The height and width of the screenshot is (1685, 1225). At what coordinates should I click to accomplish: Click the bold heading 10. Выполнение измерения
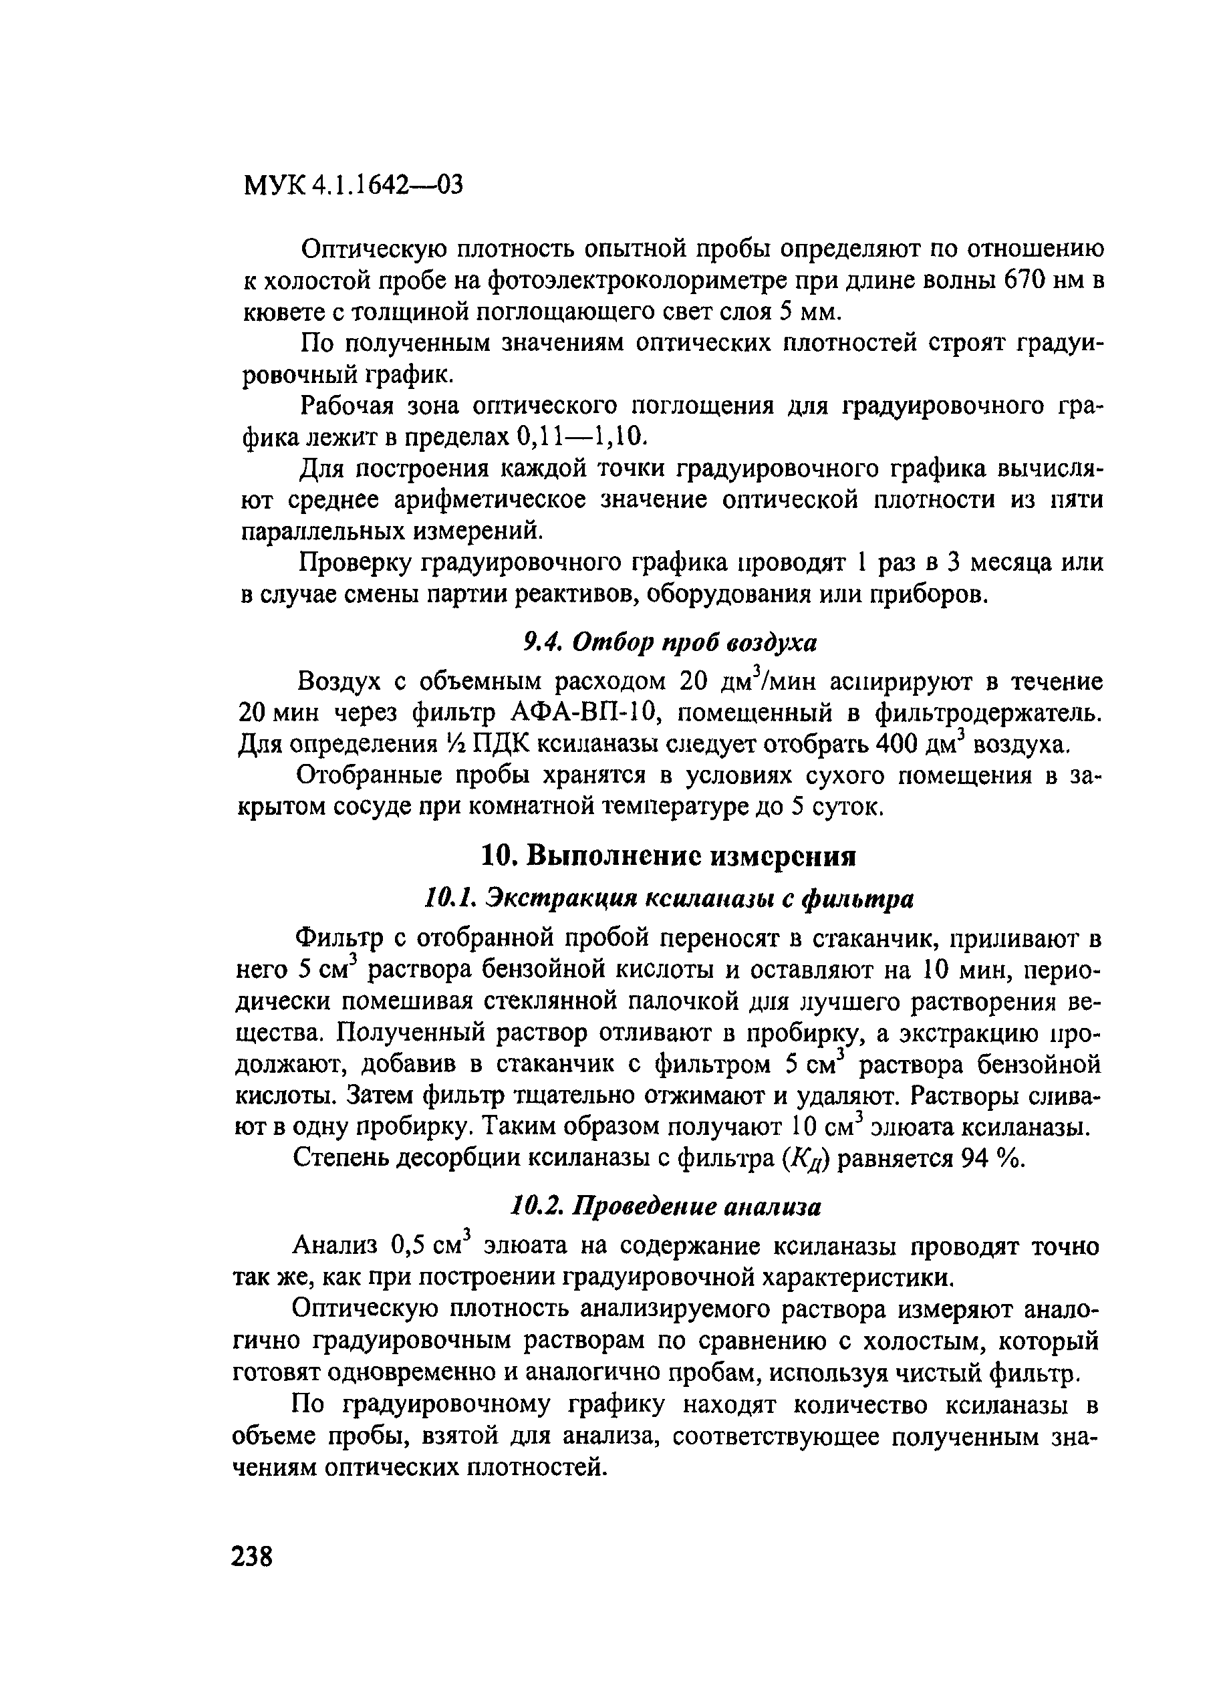tap(668, 857)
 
